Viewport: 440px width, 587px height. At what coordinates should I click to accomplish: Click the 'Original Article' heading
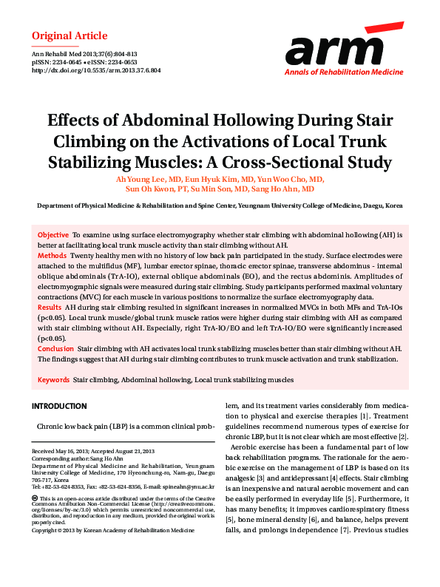coord(70,36)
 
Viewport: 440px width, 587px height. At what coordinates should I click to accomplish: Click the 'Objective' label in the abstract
coord(53,234)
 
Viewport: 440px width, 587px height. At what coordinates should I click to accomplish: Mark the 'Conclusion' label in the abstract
coord(55,347)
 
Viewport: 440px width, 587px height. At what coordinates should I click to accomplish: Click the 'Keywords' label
coord(53,379)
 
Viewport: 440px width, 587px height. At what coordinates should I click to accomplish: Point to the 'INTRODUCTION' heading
coord(59,407)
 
